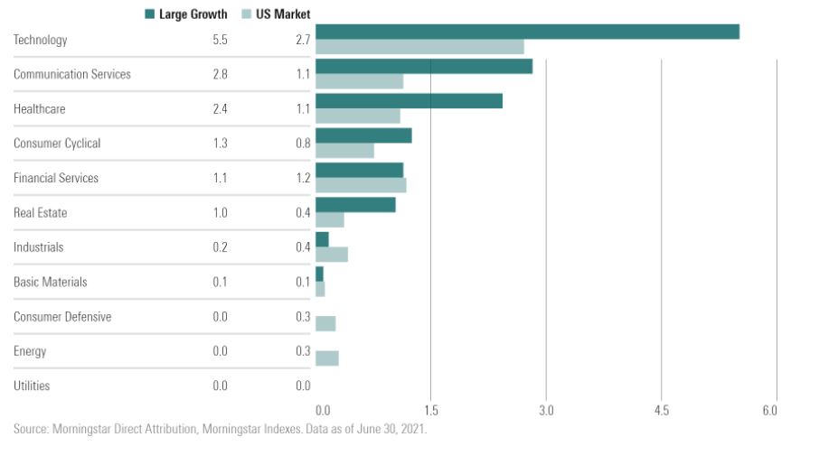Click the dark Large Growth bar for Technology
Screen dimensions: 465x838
(x=527, y=32)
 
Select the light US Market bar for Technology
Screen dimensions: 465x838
(x=419, y=47)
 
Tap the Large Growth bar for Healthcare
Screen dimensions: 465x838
(x=409, y=101)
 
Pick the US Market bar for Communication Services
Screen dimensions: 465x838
(x=359, y=81)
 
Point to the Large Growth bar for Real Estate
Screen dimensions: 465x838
(x=355, y=205)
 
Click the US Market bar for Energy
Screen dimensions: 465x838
(x=327, y=358)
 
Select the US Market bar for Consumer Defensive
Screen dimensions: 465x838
(x=325, y=323)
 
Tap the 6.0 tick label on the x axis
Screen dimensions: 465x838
(x=770, y=411)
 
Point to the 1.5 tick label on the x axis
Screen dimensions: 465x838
(x=430, y=411)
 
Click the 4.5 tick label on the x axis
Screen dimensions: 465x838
(x=661, y=411)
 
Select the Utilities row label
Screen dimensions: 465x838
(x=32, y=386)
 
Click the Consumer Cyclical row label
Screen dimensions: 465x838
(x=57, y=144)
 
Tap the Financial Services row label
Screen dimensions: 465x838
(x=56, y=178)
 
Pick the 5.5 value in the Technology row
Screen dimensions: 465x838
(x=220, y=40)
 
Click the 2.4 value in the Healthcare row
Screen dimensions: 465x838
(x=220, y=109)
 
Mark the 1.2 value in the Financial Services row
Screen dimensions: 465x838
(x=303, y=178)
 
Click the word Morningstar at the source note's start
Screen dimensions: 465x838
(x=82, y=430)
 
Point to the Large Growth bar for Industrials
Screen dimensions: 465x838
(x=322, y=239)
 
